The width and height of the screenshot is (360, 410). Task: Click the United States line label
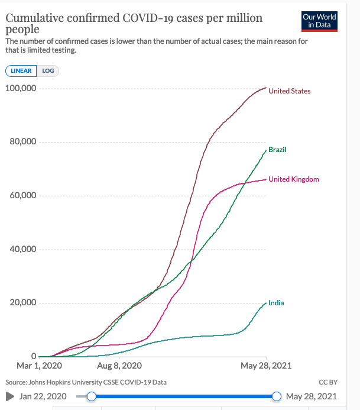coord(289,91)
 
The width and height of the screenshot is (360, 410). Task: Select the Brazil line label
coord(277,150)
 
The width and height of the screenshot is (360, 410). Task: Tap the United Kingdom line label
coord(294,179)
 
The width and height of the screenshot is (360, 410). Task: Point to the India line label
coord(276,303)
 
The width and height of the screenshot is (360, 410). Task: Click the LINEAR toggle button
coord(21,70)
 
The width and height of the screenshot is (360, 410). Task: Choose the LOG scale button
coord(48,70)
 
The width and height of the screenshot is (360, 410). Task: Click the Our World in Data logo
coord(319,21)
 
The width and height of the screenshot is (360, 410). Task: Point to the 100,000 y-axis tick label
coord(21,89)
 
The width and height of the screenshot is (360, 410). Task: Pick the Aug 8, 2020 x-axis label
coord(120,366)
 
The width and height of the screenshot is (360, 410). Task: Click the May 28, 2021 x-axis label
coord(265,366)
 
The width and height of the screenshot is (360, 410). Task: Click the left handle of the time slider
coord(91,396)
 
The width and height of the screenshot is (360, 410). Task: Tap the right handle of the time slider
coord(276,396)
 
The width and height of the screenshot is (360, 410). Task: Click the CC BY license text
coord(327,382)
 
